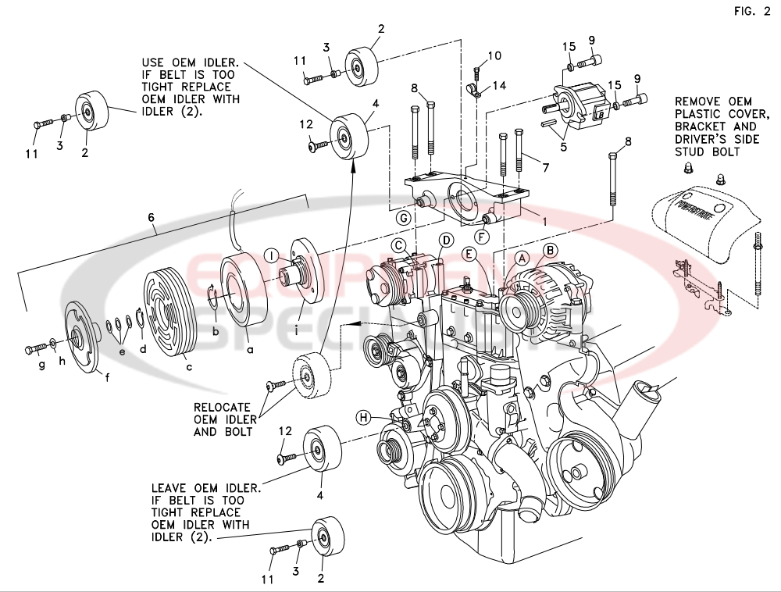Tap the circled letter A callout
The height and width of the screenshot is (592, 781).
pos(522,257)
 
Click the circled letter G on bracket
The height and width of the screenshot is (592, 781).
pos(404,216)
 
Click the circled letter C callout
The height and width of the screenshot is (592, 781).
pos(399,246)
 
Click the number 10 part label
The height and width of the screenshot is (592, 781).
pos(495,55)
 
